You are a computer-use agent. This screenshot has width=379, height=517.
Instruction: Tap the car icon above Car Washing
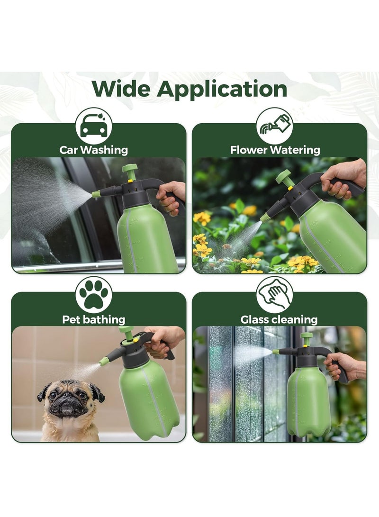coord(94,126)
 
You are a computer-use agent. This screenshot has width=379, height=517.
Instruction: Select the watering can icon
coord(275,126)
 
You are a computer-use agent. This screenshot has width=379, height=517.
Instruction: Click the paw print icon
coord(94,295)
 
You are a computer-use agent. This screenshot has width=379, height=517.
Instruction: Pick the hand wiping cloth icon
coord(275,295)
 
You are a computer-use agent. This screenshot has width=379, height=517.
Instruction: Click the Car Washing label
coord(94,150)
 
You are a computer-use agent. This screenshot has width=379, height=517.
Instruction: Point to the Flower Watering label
coord(275,150)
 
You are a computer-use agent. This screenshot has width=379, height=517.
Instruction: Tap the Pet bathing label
coord(94,319)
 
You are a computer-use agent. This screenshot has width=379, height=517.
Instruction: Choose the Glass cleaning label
coord(279,319)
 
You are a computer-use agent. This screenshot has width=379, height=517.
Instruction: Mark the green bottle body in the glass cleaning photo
coord(308,403)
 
